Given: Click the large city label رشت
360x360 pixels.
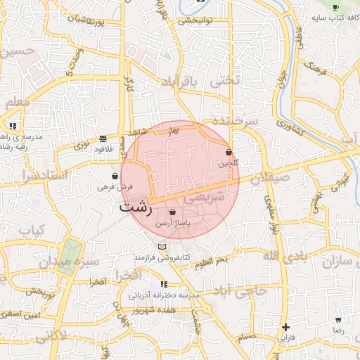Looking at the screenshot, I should coord(135,207).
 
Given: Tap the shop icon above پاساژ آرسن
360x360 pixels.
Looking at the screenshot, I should coord(172,212).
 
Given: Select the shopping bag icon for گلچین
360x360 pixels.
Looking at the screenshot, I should coord(229,153).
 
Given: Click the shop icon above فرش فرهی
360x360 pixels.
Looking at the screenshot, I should coord(115,176).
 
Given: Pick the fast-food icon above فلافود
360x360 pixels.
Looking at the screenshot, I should coord(103,139).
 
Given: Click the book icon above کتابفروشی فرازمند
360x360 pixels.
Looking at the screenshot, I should coord(163,247).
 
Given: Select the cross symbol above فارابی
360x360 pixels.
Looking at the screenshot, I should coord(285,327).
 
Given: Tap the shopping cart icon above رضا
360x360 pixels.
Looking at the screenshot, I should coord(339,319).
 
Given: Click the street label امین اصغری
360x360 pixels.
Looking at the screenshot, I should coord(20,314).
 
